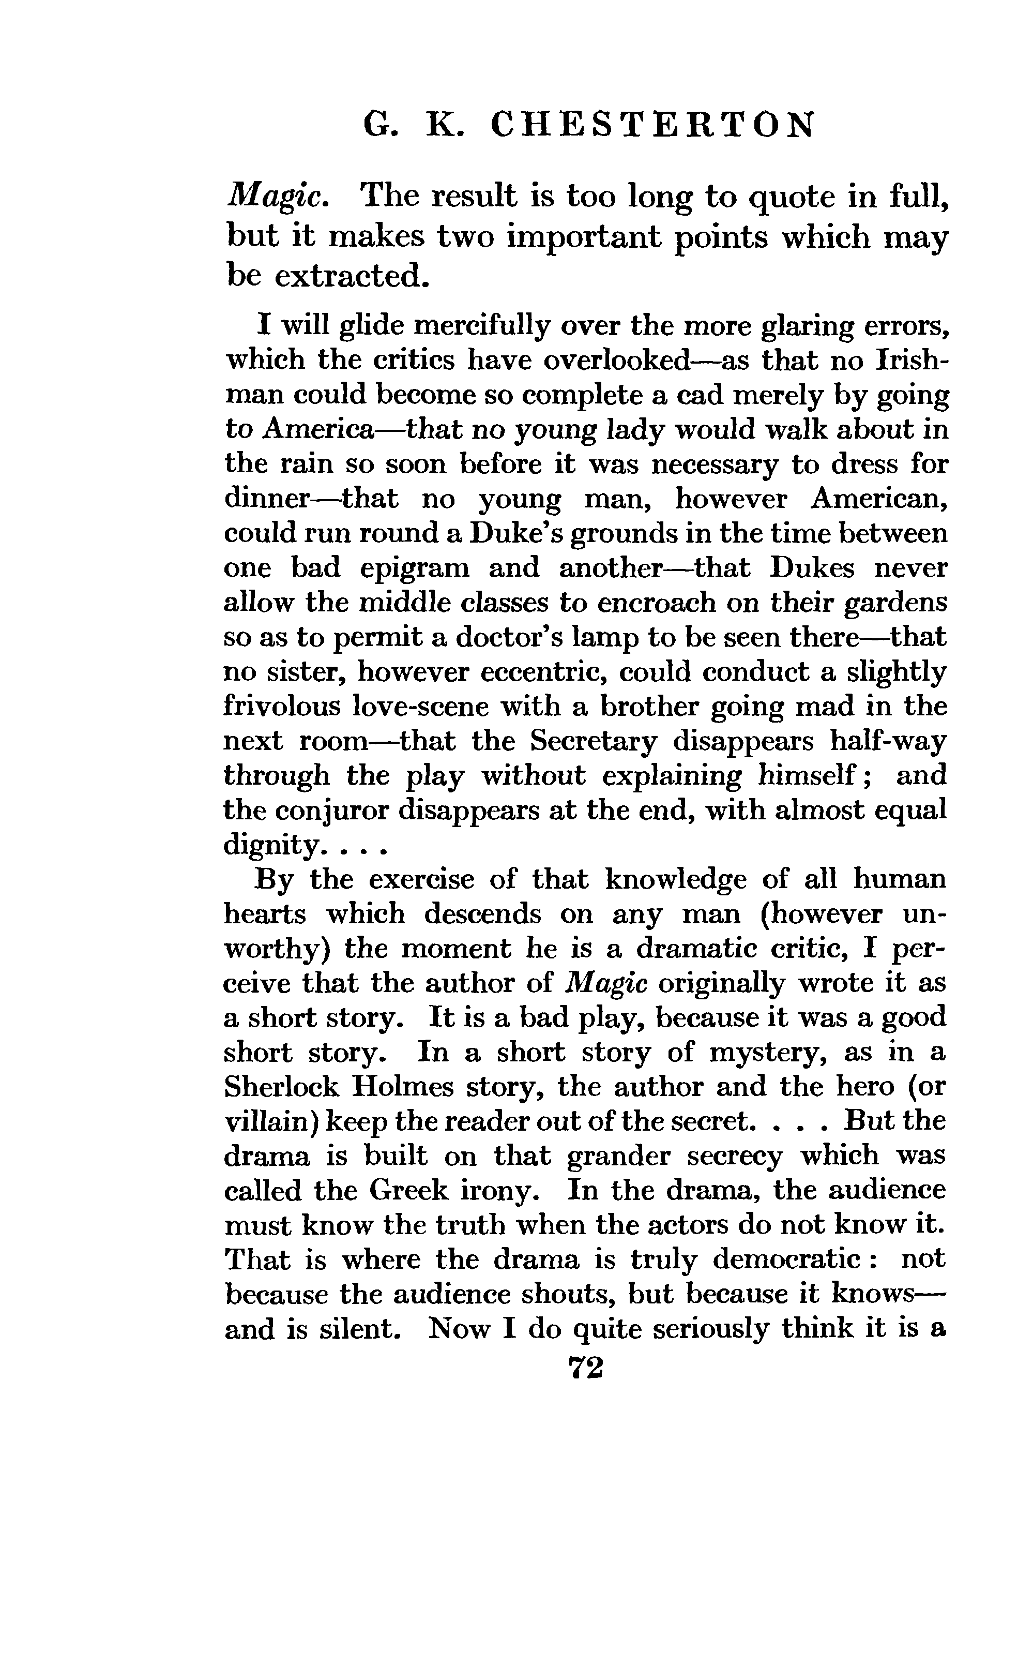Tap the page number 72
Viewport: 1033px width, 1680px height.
585,1368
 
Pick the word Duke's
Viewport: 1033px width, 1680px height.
516,533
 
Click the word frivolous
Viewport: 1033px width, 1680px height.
281,706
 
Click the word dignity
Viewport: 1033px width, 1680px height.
270,846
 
